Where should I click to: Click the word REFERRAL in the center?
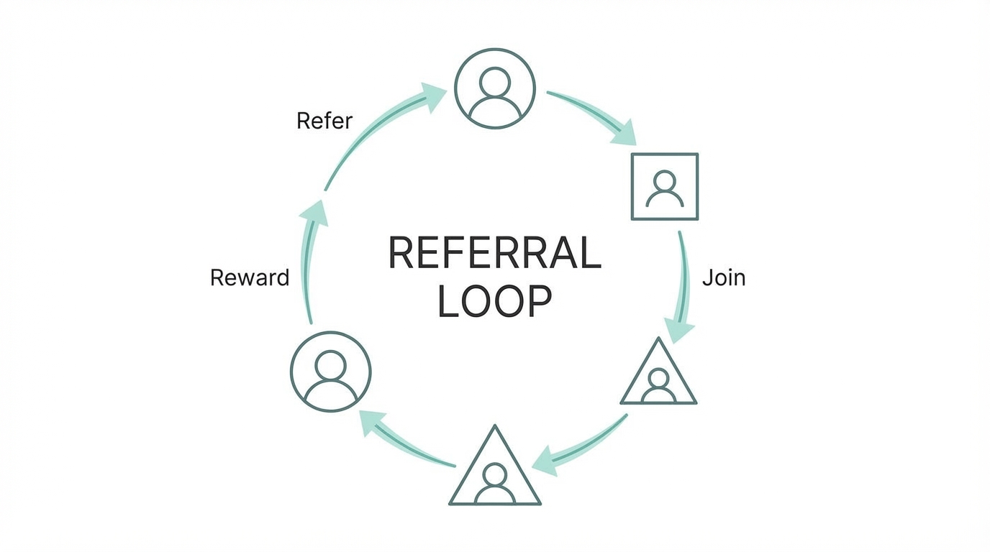[494, 252]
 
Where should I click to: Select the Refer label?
[324, 121]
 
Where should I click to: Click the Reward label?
[249, 277]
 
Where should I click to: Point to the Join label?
[724, 277]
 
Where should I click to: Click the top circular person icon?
[495, 88]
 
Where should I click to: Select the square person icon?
[664, 186]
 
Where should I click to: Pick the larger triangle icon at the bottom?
[495, 471]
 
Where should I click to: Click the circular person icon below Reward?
[330, 372]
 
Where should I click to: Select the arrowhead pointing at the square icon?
[625, 134]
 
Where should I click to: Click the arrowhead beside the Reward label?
[312, 211]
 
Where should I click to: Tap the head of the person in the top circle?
[495, 80]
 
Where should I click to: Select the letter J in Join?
[707, 277]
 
